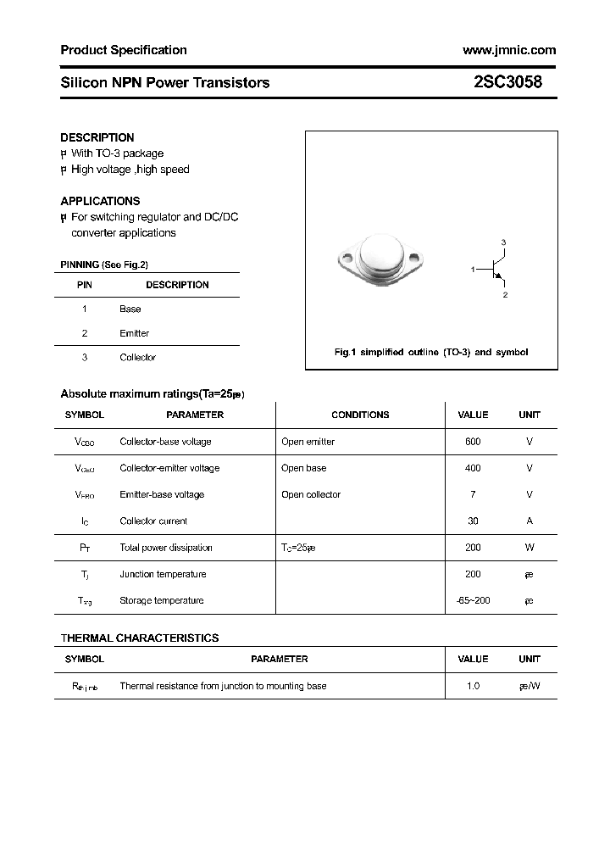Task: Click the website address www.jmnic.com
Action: (509, 50)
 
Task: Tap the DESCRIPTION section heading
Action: (97, 137)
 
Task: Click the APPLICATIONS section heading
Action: (100, 201)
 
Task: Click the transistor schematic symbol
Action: (496, 270)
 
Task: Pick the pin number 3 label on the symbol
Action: (503, 243)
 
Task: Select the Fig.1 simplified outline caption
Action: (430, 352)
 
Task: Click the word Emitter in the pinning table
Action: (134, 333)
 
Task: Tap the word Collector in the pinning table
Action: (137, 358)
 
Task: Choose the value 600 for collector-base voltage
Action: (473, 442)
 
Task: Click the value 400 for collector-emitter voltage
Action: (473, 468)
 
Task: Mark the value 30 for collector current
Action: (473, 521)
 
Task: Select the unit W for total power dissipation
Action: (530, 548)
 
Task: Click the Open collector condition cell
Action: (311, 495)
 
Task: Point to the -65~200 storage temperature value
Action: (473, 601)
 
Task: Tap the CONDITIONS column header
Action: (360, 415)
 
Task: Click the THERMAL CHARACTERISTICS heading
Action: (140, 638)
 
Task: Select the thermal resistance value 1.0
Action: (473, 686)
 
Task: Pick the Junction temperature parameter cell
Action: (163, 575)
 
